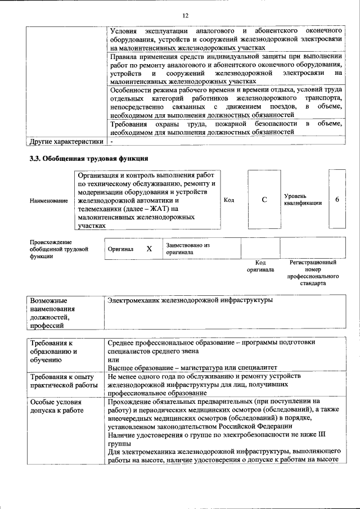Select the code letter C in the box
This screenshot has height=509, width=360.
coord(264,200)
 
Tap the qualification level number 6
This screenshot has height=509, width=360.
coord(337,200)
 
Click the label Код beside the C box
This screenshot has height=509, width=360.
coord(229,200)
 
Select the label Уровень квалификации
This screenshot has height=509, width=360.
coord(303,200)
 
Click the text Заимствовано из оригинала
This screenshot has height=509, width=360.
coord(187,249)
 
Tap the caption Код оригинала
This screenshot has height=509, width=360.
coord(260,266)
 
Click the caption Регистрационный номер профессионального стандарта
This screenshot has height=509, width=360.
coord(313,273)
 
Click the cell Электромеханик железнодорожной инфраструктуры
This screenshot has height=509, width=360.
coord(190,300)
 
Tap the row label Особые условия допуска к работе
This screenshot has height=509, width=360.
coord(56,407)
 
